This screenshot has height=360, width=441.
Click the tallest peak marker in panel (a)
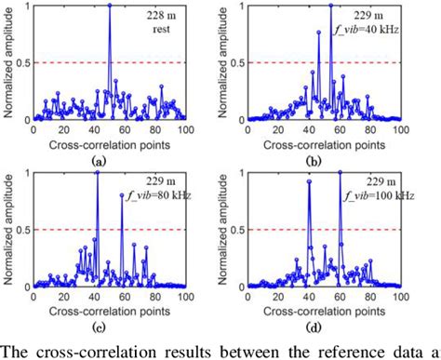point(109,6)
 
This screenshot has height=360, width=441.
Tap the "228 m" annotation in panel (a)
point(159,17)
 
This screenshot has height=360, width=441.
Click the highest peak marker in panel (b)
point(330,6)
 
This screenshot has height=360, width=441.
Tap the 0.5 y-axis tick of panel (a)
point(20,63)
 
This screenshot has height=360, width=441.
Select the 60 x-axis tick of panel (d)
point(341,298)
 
